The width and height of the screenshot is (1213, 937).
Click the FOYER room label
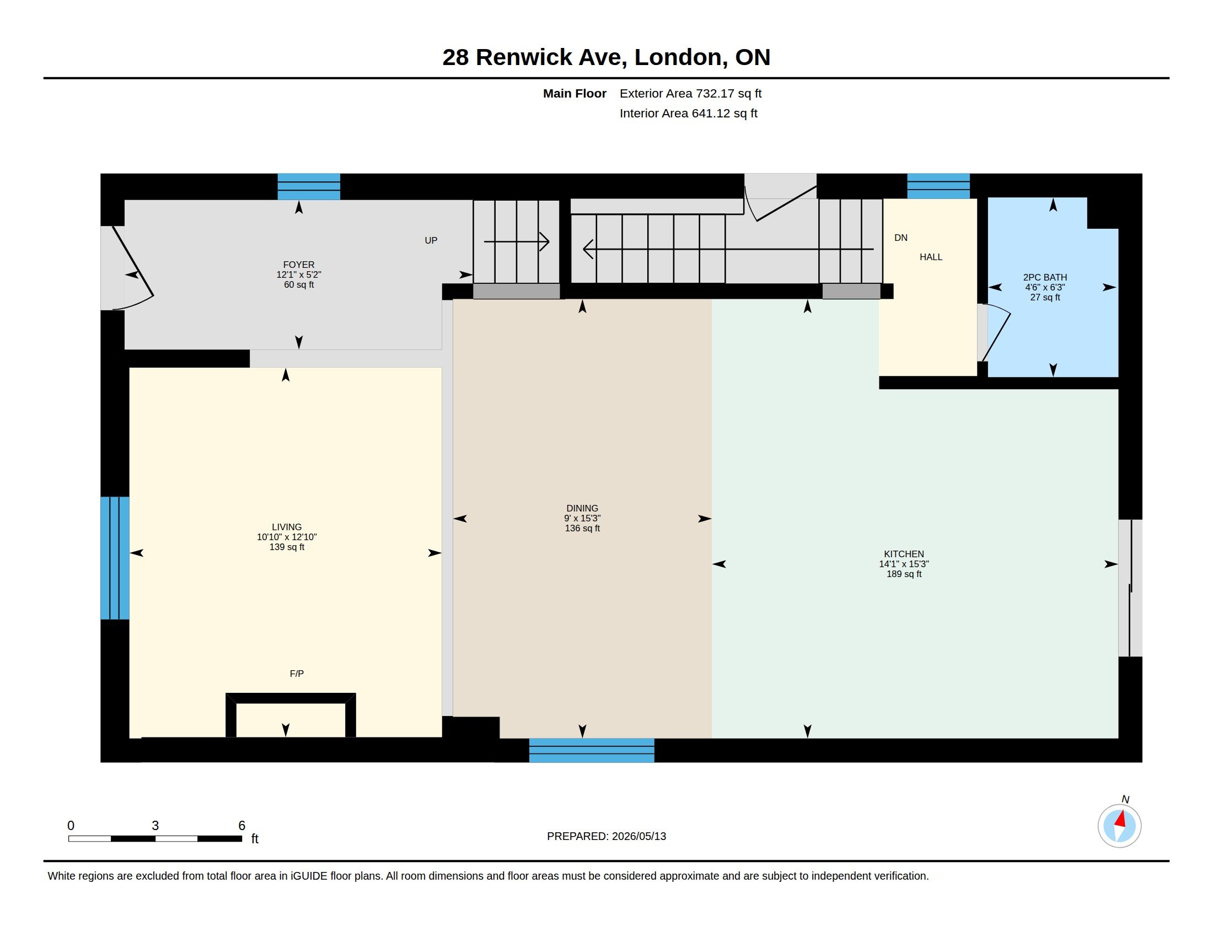point(299,265)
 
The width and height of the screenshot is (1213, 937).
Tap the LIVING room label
point(287,527)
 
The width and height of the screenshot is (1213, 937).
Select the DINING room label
point(582,509)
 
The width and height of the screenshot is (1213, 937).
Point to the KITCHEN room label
point(904,554)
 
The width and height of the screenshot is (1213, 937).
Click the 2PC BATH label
point(1045,278)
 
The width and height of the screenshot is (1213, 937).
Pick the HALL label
point(931,257)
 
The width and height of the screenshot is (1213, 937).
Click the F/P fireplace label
point(297,674)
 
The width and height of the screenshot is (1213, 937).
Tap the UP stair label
point(431,240)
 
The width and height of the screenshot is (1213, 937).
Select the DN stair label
point(901,238)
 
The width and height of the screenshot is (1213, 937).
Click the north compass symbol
point(1119,826)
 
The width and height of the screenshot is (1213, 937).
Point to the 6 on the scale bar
point(241,826)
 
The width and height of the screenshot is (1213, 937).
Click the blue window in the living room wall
point(115,558)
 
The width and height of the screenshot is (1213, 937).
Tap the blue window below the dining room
point(592,751)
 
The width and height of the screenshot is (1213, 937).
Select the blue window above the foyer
point(309,186)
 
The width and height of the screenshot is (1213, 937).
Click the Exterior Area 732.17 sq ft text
point(690,94)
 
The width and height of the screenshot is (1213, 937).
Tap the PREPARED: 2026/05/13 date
point(606,836)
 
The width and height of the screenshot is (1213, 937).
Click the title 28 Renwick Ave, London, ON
point(606,57)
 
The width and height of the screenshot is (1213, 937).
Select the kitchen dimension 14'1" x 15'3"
point(904,564)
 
